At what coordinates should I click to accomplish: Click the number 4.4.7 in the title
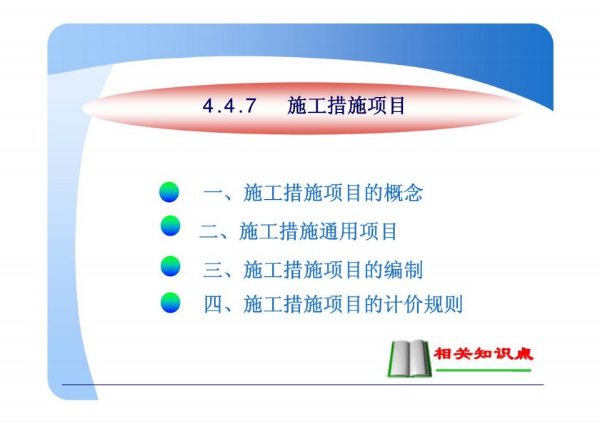click(229, 106)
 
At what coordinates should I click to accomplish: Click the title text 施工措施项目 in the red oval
click(346, 106)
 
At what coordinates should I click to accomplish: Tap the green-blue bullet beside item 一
click(169, 192)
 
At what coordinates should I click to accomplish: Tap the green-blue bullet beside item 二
click(170, 226)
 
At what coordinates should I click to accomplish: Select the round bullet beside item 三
click(170, 266)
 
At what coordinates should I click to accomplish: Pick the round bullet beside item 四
click(170, 303)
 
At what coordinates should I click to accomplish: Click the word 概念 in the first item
click(404, 192)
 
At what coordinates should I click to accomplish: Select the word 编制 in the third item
click(404, 270)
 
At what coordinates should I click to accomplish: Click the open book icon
click(409, 358)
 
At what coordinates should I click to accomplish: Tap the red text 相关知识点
click(484, 353)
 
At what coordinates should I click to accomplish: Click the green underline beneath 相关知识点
click(484, 370)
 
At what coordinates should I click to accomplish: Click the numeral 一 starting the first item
click(213, 192)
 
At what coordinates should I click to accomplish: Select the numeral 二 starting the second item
click(209, 231)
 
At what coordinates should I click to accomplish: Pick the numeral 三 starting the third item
click(213, 270)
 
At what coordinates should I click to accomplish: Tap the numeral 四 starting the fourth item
click(213, 304)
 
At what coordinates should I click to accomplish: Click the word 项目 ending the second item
click(378, 231)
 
